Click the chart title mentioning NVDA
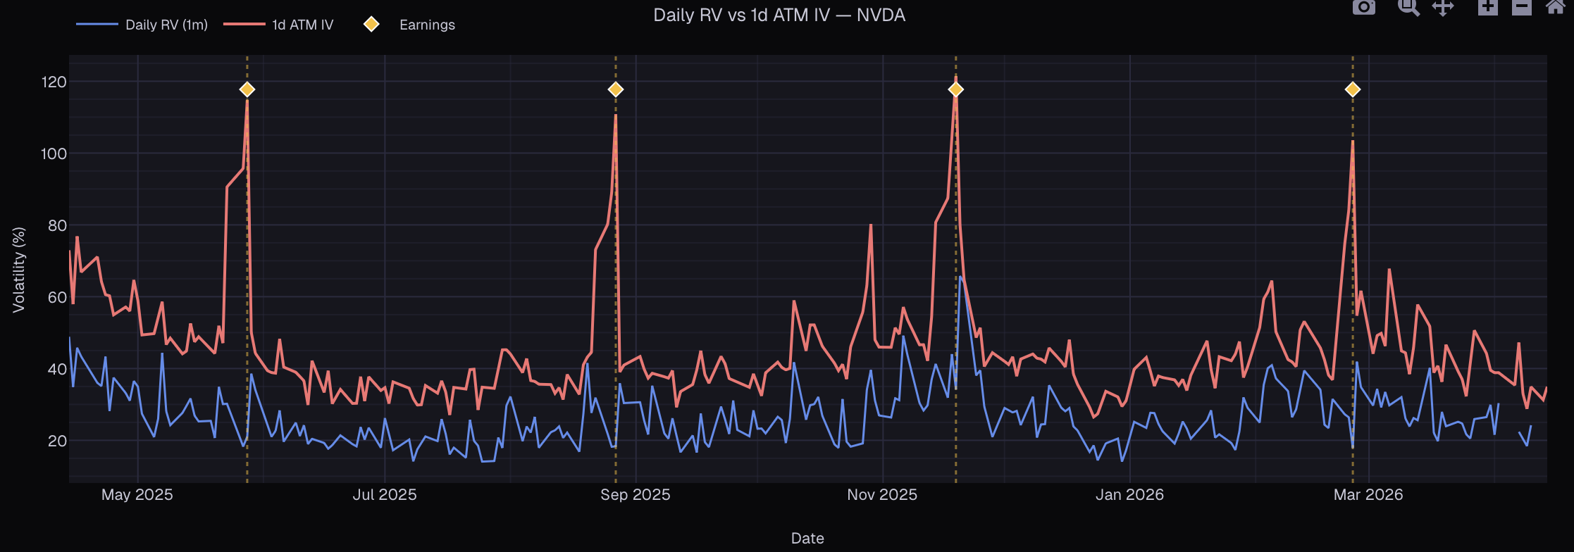point(779,15)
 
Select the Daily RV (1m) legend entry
point(166,25)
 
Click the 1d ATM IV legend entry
point(302,25)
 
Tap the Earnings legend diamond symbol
point(371,25)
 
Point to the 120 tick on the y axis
point(54,82)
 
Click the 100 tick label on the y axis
point(54,154)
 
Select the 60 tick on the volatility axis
point(57,297)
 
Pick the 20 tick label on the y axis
point(57,441)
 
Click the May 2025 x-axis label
point(137,495)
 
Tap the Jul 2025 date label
point(385,495)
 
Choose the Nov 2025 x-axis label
point(882,495)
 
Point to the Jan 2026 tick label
point(1129,495)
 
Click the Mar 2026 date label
point(1368,495)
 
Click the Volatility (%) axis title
point(19,270)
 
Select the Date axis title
point(807,539)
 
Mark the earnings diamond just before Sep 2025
point(616,89)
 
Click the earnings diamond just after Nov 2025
point(956,89)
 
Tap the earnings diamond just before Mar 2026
point(1353,89)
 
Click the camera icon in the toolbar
point(1364,7)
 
